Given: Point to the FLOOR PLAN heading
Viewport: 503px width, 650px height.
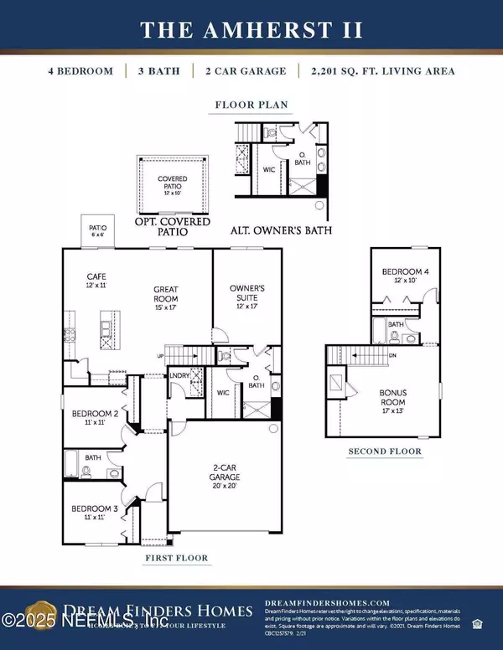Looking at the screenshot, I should (x=251, y=106).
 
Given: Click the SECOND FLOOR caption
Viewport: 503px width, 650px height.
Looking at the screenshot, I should (x=385, y=451).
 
